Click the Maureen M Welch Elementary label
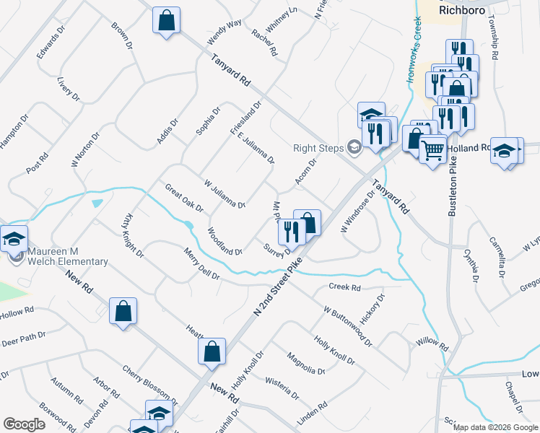(68, 256)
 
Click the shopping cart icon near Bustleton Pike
(432, 150)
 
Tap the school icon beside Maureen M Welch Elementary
(13, 238)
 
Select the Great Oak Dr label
(184, 198)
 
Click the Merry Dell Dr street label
(201, 265)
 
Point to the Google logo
(24, 424)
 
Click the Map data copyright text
(495, 428)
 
